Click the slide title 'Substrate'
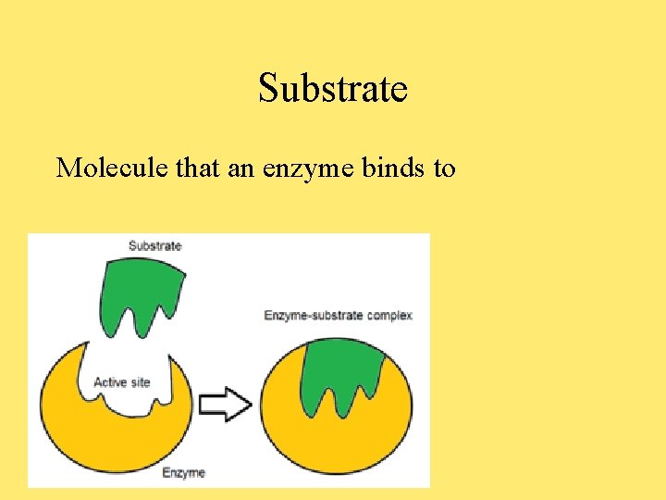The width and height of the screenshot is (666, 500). pyautogui.click(x=333, y=89)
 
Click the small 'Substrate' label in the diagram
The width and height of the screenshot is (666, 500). pyautogui.click(x=154, y=245)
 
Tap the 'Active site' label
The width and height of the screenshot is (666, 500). pyautogui.click(x=122, y=382)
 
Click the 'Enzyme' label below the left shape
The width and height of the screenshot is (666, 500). pyautogui.click(x=183, y=472)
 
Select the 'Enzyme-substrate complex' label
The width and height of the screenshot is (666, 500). pyautogui.click(x=338, y=315)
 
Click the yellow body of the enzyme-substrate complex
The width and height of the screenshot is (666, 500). pyautogui.click(x=338, y=440)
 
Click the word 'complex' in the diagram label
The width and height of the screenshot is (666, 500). pyautogui.click(x=388, y=315)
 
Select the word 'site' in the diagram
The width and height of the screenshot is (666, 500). pyautogui.click(x=139, y=382)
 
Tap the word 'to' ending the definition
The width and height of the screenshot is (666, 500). pyautogui.click(x=443, y=168)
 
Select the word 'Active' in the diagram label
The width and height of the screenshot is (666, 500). pyautogui.click(x=110, y=382)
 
